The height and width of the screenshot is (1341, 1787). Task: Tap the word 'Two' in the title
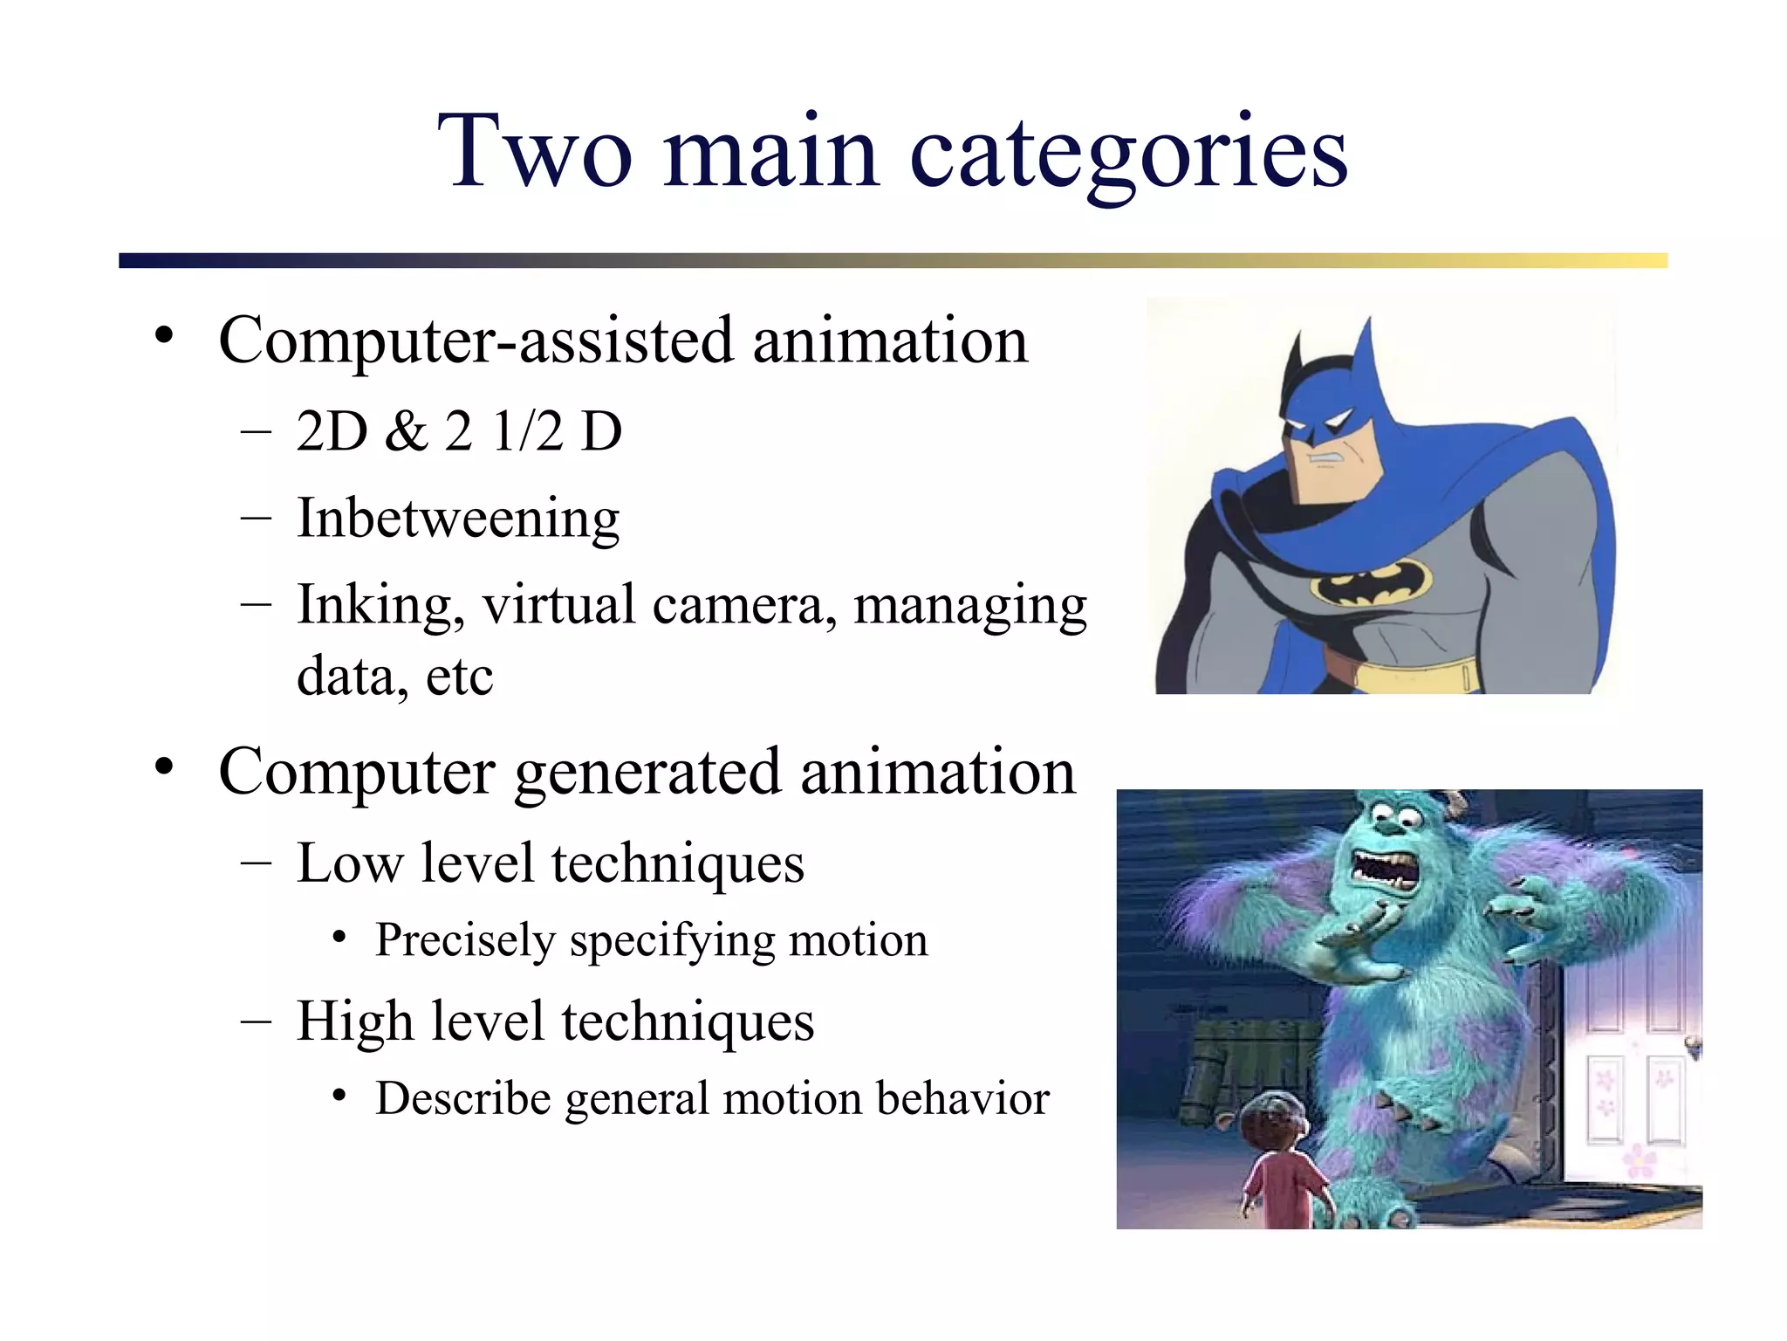click(x=534, y=152)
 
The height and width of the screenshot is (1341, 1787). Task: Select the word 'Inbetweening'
click(x=458, y=519)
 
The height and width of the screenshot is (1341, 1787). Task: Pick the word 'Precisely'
click(x=465, y=941)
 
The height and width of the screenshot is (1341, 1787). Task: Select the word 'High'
click(x=354, y=1021)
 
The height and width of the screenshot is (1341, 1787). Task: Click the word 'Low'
click(x=349, y=863)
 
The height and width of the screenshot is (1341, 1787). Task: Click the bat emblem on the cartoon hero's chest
click(x=1371, y=582)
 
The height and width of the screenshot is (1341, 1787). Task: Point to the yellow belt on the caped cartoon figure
click(x=1405, y=674)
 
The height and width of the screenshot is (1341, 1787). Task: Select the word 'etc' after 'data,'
click(x=459, y=677)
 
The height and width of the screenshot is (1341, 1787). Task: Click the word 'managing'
click(x=969, y=605)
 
